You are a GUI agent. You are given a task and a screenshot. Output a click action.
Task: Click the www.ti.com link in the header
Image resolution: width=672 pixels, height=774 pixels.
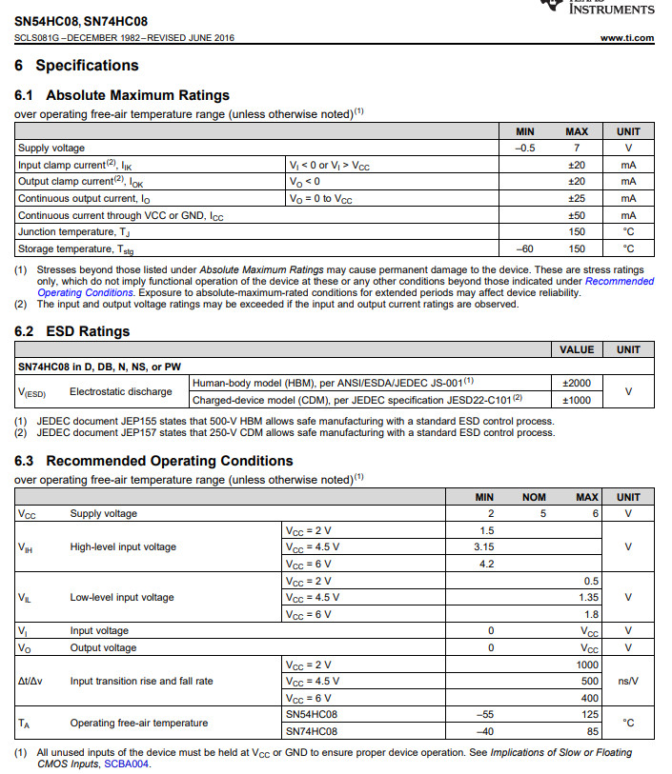[627, 38]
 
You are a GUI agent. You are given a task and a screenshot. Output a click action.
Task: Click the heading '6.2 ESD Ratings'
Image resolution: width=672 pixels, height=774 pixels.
[72, 331]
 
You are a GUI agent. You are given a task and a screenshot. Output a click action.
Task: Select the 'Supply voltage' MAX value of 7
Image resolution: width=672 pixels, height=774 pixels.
[576, 148]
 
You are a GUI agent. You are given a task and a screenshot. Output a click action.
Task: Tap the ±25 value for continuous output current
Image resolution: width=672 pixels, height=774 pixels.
[576, 199]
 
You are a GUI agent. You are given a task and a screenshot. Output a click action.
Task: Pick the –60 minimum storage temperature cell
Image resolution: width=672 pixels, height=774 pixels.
[524, 248]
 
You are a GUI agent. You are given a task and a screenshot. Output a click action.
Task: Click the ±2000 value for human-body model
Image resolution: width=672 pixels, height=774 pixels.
[577, 383]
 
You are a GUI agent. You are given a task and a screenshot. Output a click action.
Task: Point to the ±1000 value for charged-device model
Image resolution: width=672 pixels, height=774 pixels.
[577, 400]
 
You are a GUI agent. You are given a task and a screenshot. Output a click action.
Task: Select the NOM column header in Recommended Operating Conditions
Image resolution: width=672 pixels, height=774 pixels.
[534, 497]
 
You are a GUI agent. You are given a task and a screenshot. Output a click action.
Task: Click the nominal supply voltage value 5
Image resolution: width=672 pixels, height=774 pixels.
[542, 513]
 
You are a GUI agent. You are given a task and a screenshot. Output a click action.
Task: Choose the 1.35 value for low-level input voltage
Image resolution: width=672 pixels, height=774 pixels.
[588, 597]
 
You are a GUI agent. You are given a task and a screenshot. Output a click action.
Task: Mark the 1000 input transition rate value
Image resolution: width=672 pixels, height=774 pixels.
[587, 665]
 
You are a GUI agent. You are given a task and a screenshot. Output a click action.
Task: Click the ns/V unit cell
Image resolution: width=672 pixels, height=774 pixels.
[628, 682]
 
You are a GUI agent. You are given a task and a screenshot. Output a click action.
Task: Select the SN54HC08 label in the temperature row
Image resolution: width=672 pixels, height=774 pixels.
[312, 714]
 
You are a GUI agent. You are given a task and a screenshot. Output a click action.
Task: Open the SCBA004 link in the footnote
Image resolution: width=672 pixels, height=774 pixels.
[127, 764]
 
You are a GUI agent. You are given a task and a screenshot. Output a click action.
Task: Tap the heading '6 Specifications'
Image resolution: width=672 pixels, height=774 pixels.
[76, 66]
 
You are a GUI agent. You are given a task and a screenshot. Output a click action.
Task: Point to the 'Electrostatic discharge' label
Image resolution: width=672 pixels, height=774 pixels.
[121, 391]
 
